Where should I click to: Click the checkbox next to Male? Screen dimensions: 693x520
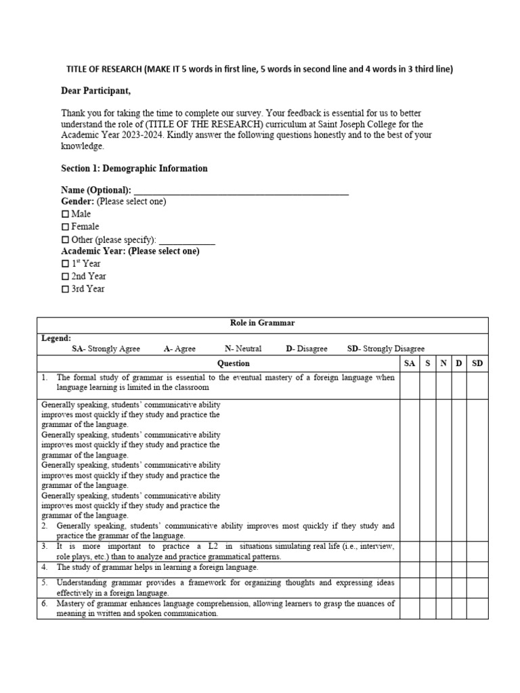pyautogui.click(x=65, y=214)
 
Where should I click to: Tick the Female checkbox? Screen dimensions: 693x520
pyautogui.click(x=65, y=227)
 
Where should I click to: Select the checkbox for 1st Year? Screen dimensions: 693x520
pyautogui.click(x=65, y=263)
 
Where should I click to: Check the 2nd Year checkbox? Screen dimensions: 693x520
pyautogui.click(x=65, y=276)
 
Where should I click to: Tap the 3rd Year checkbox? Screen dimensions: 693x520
pyautogui.click(x=65, y=289)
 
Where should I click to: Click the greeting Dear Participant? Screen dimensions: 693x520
pyautogui.click(x=95, y=91)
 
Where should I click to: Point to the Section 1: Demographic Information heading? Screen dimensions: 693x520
pyautogui.click(x=134, y=169)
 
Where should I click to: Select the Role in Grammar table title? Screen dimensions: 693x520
pyautogui.click(x=262, y=323)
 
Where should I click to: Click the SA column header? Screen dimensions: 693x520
pyautogui.click(x=410, y=363)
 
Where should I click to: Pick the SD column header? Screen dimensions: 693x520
pyautogui.click(x=477, y=363)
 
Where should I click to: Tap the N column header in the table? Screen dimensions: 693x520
pyautogui.click(x=443, y=363)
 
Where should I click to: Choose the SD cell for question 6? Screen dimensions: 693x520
pyautogui.click(x=477, y=608)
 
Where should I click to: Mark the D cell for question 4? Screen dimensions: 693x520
pyautogui.click(x=459, y=567)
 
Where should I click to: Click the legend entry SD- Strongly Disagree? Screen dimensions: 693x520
pyautogui.click(x=386, y=349)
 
